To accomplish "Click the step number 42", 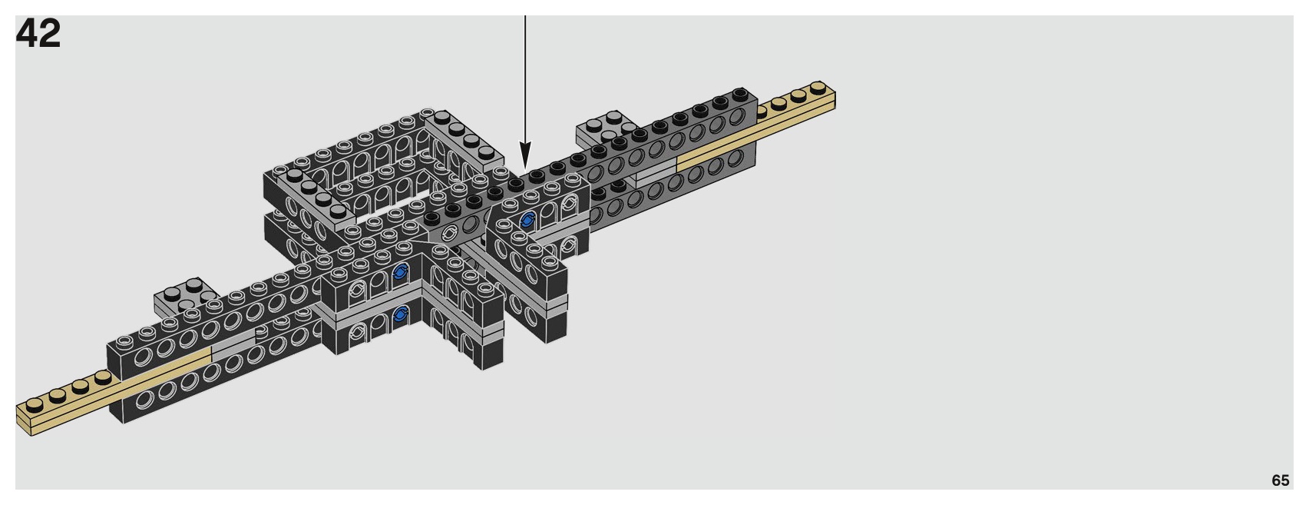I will [38, 34].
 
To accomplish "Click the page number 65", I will [1280, 480].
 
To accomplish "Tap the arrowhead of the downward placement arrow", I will [525, 158].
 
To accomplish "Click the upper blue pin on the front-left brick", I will [400, 271].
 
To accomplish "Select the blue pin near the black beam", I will [527, 221].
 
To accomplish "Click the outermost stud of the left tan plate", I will [34, 404].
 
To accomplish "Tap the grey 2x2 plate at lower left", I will [187, 294].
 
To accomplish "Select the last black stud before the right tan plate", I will [740, 95].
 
